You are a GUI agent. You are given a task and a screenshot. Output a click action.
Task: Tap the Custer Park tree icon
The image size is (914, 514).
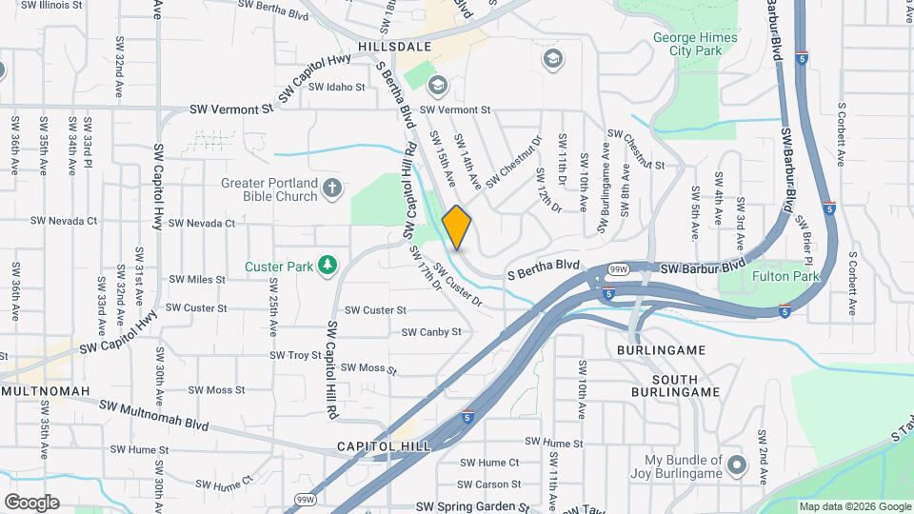point(328,263)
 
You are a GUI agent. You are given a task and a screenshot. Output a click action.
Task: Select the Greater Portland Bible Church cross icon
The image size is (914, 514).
point(331,187)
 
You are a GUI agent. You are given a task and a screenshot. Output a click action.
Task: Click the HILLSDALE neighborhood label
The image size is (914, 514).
point(395,46)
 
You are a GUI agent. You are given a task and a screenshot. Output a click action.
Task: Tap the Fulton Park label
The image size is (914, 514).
point(785,276)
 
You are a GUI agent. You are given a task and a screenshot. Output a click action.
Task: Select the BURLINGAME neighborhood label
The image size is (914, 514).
point(661,350)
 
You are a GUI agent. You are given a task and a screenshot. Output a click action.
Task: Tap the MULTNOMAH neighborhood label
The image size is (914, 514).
point(46,391)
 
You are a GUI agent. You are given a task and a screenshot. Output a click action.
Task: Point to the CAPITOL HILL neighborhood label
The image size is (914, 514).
point(384,445)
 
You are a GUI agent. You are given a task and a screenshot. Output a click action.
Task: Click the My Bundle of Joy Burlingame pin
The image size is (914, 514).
point(736,465)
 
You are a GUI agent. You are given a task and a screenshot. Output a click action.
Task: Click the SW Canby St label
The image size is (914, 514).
point(431,332)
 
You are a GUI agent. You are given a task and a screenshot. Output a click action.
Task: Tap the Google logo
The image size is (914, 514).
point(31,502)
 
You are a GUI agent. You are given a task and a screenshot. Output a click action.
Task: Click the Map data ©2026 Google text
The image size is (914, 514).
point(853,506)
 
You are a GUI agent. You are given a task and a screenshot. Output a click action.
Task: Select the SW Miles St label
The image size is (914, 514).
point(193,280)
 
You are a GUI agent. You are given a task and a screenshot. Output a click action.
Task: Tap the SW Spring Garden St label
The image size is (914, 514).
point(472,508)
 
